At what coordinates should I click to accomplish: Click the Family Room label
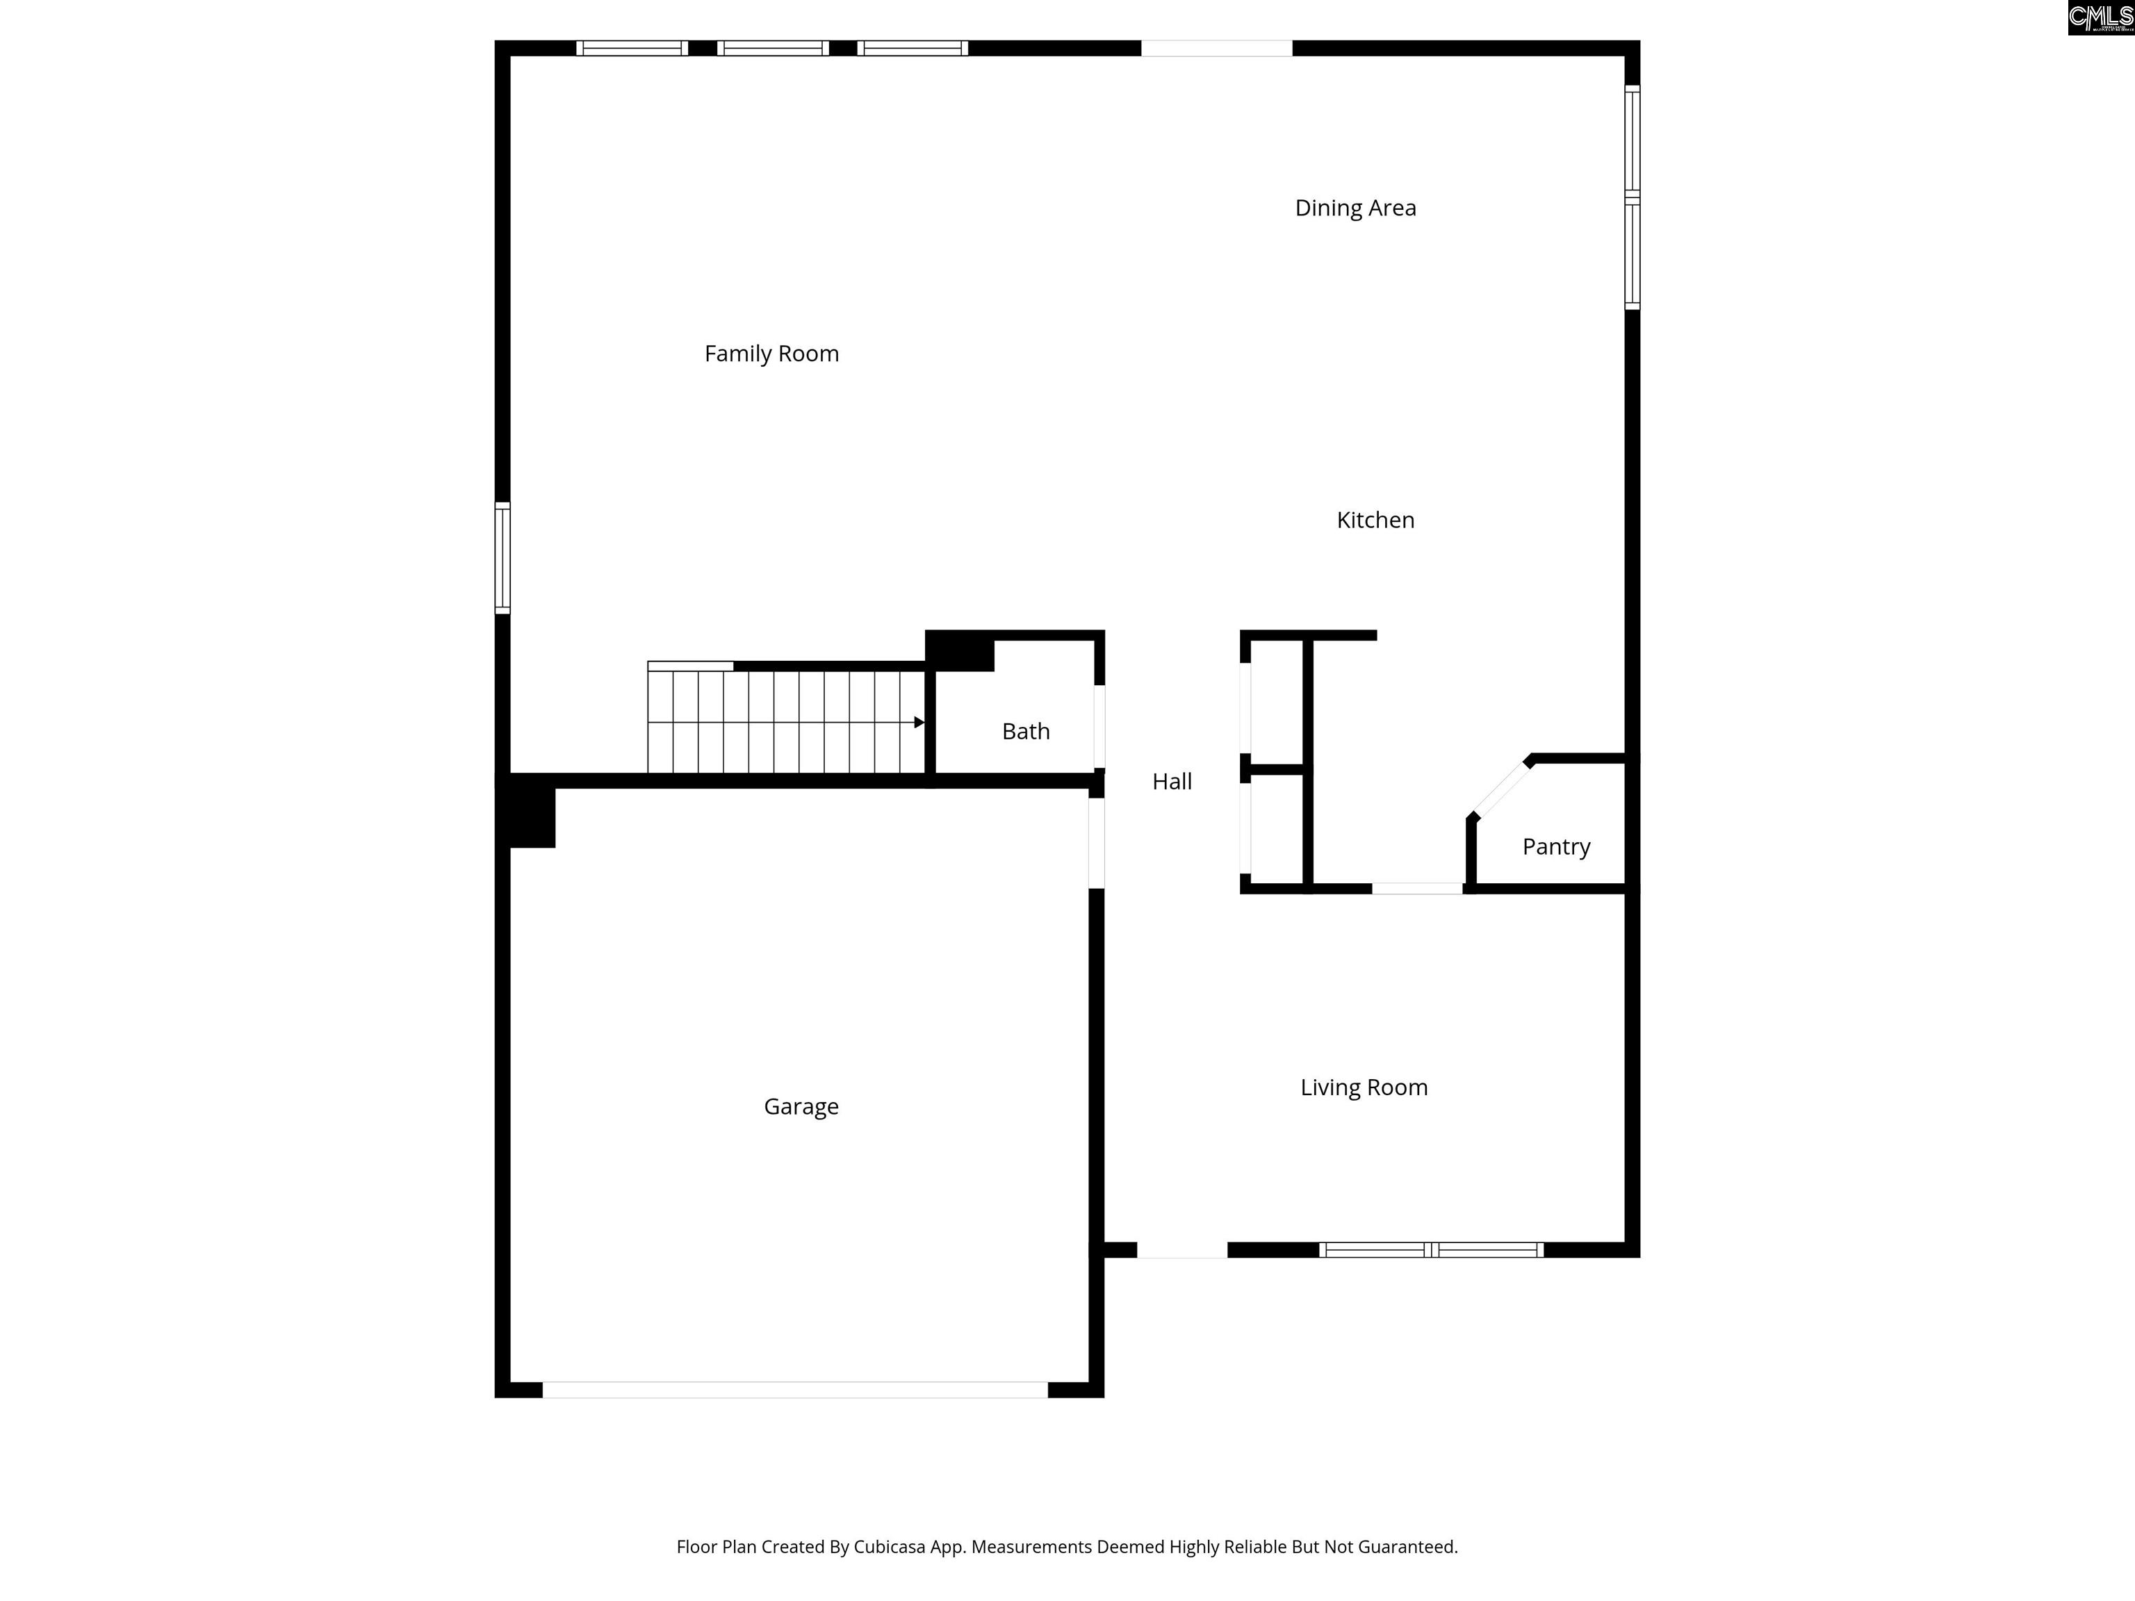point(771,354)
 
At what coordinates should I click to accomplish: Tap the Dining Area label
point(1355,208)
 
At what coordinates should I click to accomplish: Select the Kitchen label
point(1375,520)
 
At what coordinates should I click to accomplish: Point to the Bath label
point(1025,732)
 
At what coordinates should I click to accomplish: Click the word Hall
point(1172,782)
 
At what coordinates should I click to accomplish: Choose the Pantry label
point(1556,847)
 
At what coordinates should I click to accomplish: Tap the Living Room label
point(1364,1087)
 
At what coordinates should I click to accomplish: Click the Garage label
point(801,1107)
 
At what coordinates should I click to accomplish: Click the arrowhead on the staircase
point(919,722)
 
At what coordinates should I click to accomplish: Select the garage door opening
point(794,1390)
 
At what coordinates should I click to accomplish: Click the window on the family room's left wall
point(502,558)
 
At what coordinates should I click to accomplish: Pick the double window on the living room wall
point(1432,1249)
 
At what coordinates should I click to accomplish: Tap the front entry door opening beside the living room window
point(1181,1249)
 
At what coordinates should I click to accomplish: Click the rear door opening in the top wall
point(1216,48)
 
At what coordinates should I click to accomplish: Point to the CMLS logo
point(2100,17)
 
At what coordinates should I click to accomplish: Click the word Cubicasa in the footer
point(889,1547)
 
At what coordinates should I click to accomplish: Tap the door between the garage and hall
point(1097,842)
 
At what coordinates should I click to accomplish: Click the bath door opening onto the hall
point(1099,727)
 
